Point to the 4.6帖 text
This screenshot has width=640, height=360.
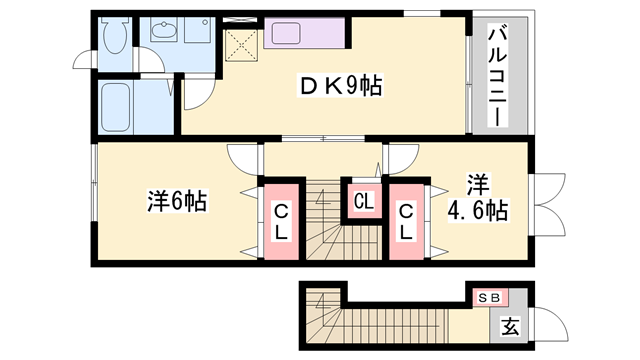tap(477, 211)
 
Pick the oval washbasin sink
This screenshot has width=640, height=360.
tap(162, 32)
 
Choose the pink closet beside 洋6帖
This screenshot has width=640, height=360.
tap(281, 221)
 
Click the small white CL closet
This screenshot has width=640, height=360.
tap(362, 200)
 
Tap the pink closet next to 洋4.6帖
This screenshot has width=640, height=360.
tap(406, 221)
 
